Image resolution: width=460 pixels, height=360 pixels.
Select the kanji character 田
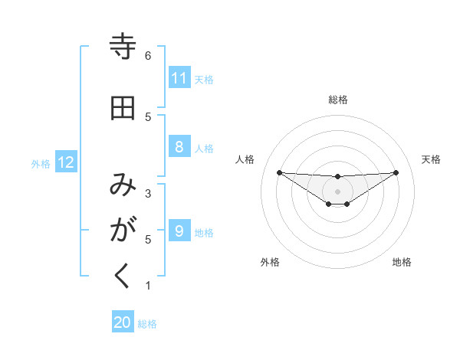(x=123, y=108)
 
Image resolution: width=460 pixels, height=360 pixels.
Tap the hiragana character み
(x=123, y=185)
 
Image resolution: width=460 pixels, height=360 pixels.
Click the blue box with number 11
(x=179, y=78)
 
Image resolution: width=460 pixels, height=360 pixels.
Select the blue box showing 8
(x=179, y=147)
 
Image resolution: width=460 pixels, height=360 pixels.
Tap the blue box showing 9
(x=179, y=231)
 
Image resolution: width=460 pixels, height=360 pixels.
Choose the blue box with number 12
(x=66, y=162)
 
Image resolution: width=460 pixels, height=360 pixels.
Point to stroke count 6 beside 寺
(x=148, y=56)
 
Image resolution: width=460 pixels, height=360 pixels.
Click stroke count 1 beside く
(x=148, y=286)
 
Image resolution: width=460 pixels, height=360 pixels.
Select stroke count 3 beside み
(x=148, y=194)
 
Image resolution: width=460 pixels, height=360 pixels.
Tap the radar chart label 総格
(x=337, y=100)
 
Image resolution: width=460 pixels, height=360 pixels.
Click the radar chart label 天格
(x=431, y=159)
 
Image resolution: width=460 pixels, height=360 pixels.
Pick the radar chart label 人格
(x=245, y=159)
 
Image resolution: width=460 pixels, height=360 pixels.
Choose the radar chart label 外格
(x=270, y=262)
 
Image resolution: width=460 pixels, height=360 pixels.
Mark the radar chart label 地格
(x=402, y=262)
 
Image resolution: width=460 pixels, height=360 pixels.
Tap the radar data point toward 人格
(x=279, y=172)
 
